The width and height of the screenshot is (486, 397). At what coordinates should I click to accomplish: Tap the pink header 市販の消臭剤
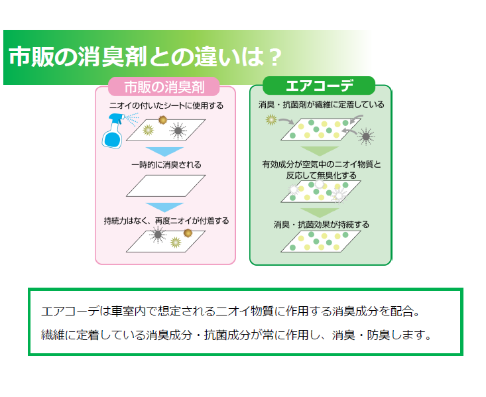[x=164, y=87]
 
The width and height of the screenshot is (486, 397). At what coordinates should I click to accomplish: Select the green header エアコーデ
[x=319, y=85]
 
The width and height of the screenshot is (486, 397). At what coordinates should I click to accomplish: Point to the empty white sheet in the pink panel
[x=166, y=186]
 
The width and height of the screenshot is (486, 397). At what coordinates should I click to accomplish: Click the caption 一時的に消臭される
[x=166, y=164]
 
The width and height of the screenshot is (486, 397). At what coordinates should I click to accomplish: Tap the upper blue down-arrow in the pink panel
[x=164, y=152]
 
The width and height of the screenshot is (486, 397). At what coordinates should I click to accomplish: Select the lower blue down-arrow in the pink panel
[x=164, y=207]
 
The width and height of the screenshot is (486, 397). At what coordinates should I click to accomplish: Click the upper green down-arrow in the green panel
[x=320, y=151]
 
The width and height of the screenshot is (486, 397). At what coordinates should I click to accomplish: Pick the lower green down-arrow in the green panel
[x=320, y=213]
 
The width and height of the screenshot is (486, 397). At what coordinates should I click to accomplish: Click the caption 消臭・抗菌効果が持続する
[x=322, y=225]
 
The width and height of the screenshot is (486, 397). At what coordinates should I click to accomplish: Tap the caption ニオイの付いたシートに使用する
[x=166, y=105]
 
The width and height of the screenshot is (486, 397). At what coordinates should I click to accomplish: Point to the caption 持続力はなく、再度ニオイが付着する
[x=166, y=221]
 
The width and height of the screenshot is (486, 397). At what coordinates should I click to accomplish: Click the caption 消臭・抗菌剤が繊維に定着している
[x=322, y=105]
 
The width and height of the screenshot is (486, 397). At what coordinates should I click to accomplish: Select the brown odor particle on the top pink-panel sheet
[x=162, y=120]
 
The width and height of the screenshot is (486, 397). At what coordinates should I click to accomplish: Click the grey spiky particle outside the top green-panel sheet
[x=366, y=136]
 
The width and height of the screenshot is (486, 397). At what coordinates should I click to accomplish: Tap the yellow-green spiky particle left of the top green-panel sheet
[x=271, y=119]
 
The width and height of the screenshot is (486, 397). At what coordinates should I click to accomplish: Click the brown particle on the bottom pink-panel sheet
[x=188, y=233]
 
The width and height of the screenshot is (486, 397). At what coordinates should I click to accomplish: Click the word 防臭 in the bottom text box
[x=379, y=335]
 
